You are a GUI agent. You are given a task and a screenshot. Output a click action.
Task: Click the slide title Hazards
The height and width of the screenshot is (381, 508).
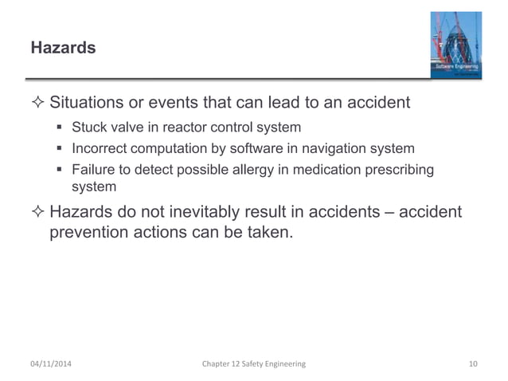[x=63, y=49]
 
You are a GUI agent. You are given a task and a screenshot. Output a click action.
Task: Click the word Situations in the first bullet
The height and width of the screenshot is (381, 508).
[x=88, y=103]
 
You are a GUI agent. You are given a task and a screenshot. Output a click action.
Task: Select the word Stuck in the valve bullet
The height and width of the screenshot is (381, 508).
[x=90, y=128]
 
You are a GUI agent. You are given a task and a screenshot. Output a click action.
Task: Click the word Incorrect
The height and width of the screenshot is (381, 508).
[x=102, y=148]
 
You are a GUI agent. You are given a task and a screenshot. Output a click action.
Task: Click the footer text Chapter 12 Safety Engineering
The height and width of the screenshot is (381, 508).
[x=253, y=363]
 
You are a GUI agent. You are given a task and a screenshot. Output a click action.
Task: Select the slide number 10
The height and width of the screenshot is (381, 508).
[x=473, y=363]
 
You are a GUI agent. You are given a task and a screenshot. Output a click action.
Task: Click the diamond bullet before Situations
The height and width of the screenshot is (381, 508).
[x=39, y=104]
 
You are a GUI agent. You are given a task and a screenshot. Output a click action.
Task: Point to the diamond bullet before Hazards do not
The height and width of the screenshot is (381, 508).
[x=39, y=213]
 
